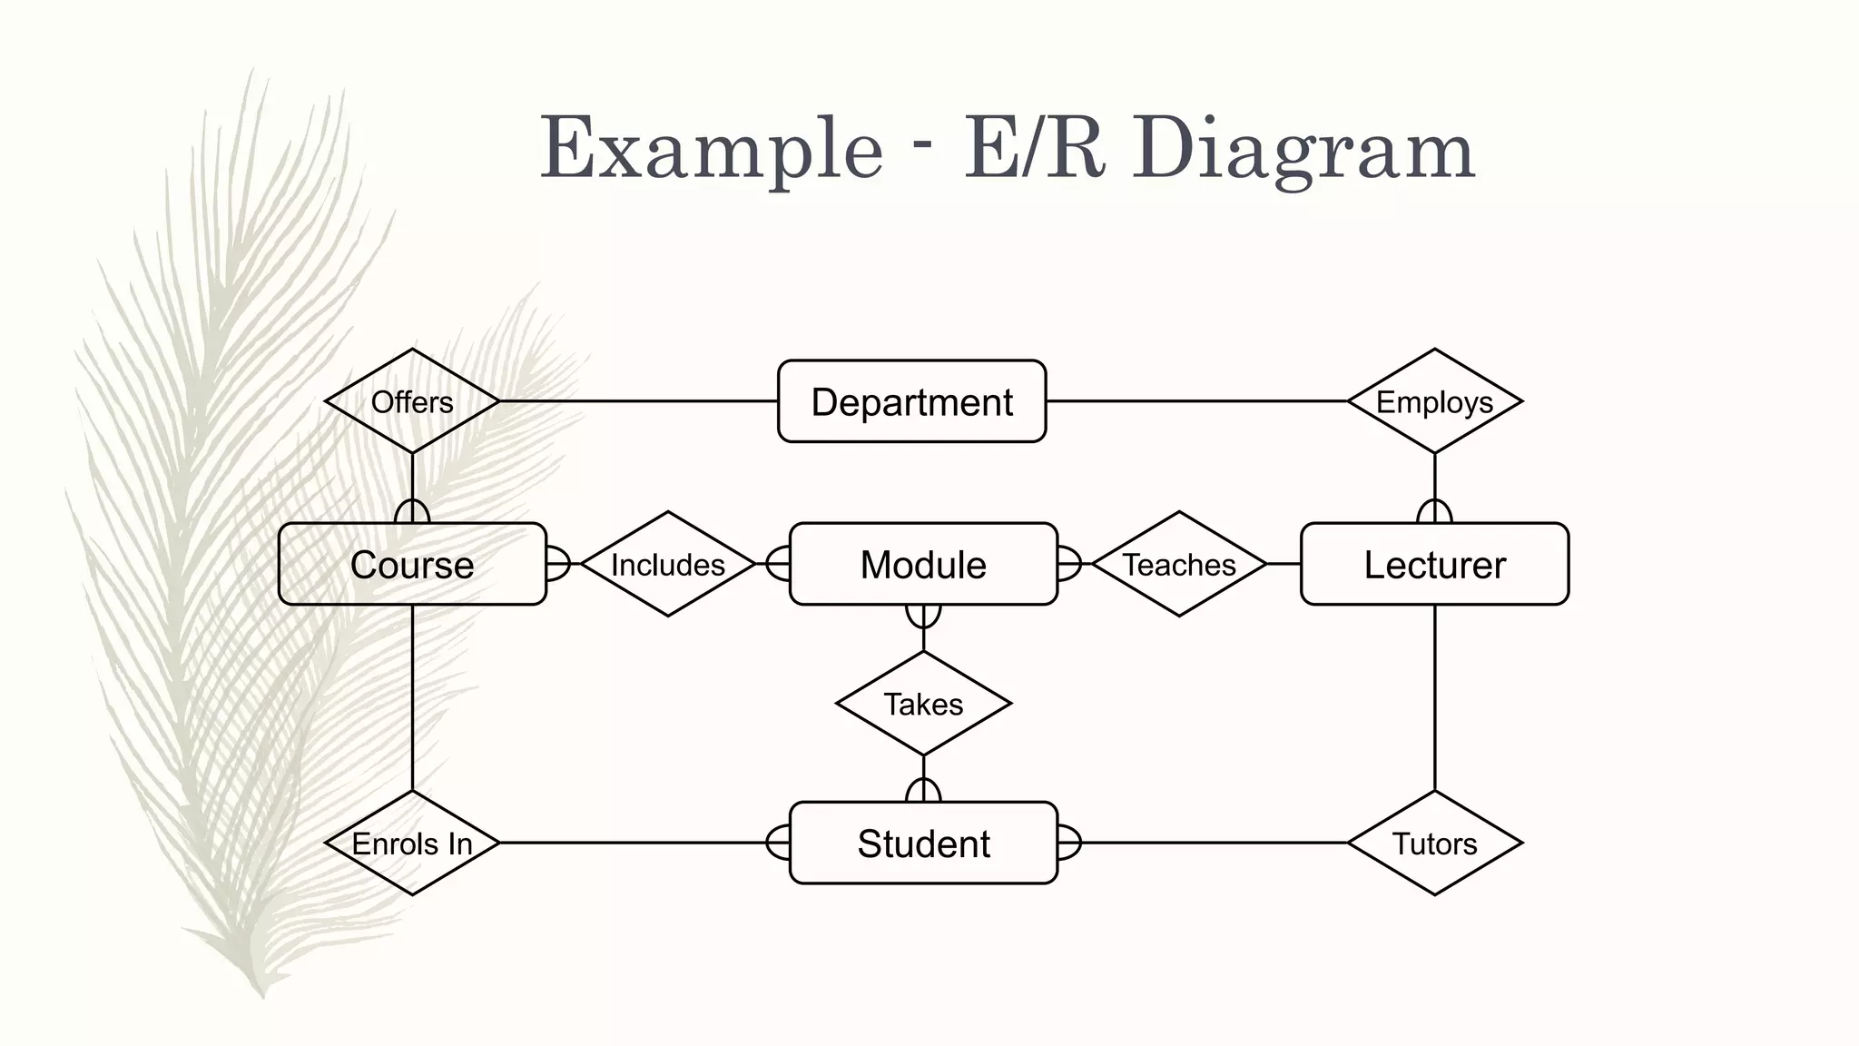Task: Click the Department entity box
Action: point(911,401)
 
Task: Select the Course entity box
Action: point(412,564)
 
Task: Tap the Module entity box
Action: point(923,564)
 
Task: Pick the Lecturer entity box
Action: point(1434,564)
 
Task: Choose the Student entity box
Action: point(923,843)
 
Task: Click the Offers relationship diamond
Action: point(412,401)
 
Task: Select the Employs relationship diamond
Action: point(1434,401)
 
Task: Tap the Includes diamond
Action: point(667,564)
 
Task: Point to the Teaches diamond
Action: point(1179,564)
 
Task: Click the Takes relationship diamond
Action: point(923,704)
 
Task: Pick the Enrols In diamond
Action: point(412,843)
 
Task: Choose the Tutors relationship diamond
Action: point(1434,843)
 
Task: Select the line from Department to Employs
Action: point(1196,400)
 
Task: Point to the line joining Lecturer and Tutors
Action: point(1434,697)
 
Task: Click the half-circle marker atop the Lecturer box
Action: point(1434,512)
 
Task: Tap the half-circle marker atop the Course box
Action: point(412,512)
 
